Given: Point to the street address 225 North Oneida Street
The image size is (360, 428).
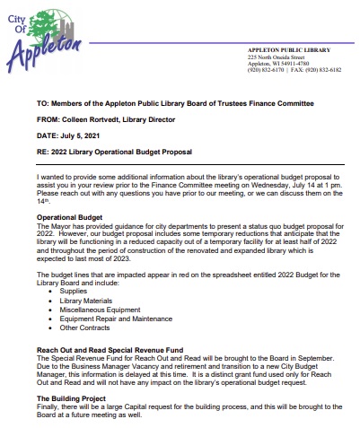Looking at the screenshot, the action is (x=278, y=57).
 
